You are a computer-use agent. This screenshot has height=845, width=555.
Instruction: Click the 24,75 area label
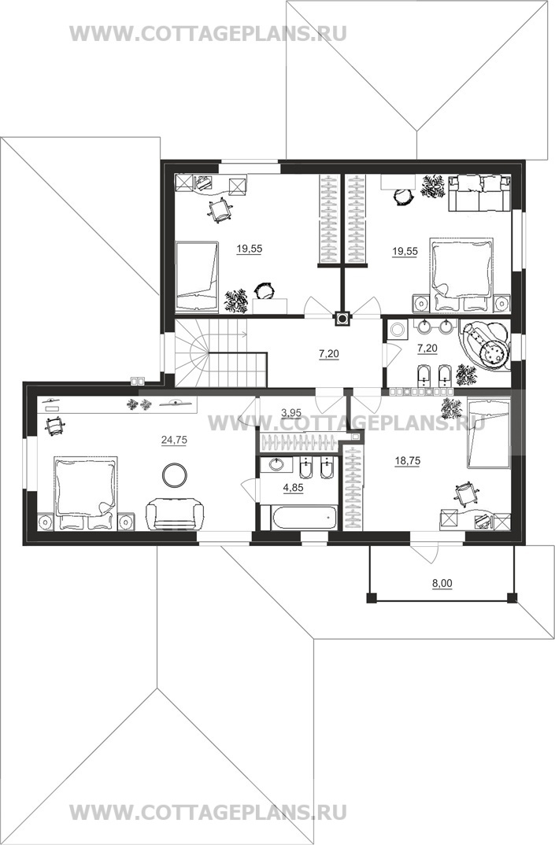(x=174, y=440)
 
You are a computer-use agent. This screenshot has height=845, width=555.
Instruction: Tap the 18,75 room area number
(x=407, y=461)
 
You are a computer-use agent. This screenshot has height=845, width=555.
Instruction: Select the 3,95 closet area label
(x=291, y=413)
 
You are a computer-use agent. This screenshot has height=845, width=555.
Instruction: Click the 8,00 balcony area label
(x=442, y=583)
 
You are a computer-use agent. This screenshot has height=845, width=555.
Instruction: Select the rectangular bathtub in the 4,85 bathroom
(x=304, y=518)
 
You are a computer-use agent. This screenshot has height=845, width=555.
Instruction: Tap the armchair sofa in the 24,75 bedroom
(x=175, y=514)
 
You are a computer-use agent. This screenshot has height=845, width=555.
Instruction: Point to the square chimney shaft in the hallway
(x=342, y=319)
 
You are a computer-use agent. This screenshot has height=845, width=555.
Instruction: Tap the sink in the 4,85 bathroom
(x=276, y=464)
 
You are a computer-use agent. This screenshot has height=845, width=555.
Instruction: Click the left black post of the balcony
(x=371, y=598)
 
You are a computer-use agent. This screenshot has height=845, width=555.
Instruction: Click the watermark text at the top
(x=208, y=33)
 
